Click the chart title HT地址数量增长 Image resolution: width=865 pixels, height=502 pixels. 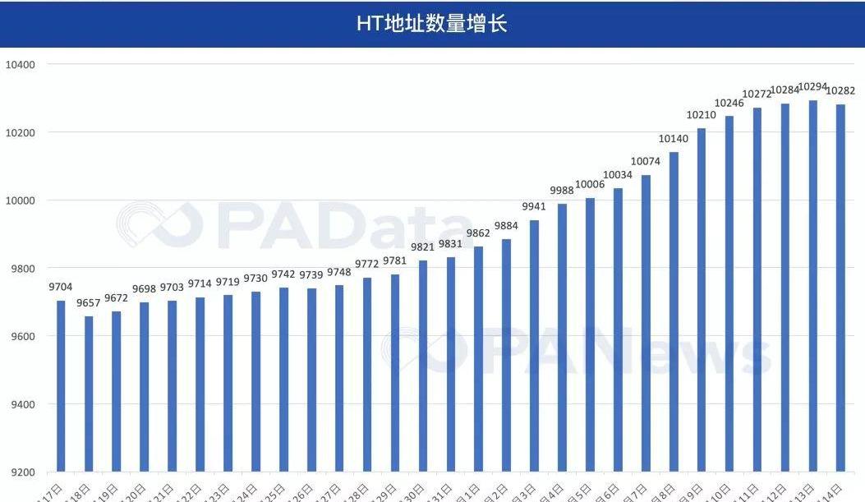coord(432,24)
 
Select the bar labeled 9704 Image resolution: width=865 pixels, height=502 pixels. coord(61,386)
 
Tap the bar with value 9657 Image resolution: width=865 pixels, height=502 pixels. coord(89,394)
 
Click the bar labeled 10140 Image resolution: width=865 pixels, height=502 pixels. coord(674,312)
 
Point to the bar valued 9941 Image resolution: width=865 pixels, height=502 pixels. coord(534,346)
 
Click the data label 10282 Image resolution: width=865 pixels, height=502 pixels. coord(840,90)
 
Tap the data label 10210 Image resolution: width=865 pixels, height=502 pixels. coord(702,115)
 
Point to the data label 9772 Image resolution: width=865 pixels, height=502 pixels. coord(367,264)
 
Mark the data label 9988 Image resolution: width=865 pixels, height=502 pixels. coord(562,191)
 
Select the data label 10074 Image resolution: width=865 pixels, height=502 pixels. coord(646,161)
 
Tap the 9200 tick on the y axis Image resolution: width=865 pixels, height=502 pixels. coord(21,472)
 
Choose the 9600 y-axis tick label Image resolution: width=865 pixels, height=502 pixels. coord(21,336)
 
